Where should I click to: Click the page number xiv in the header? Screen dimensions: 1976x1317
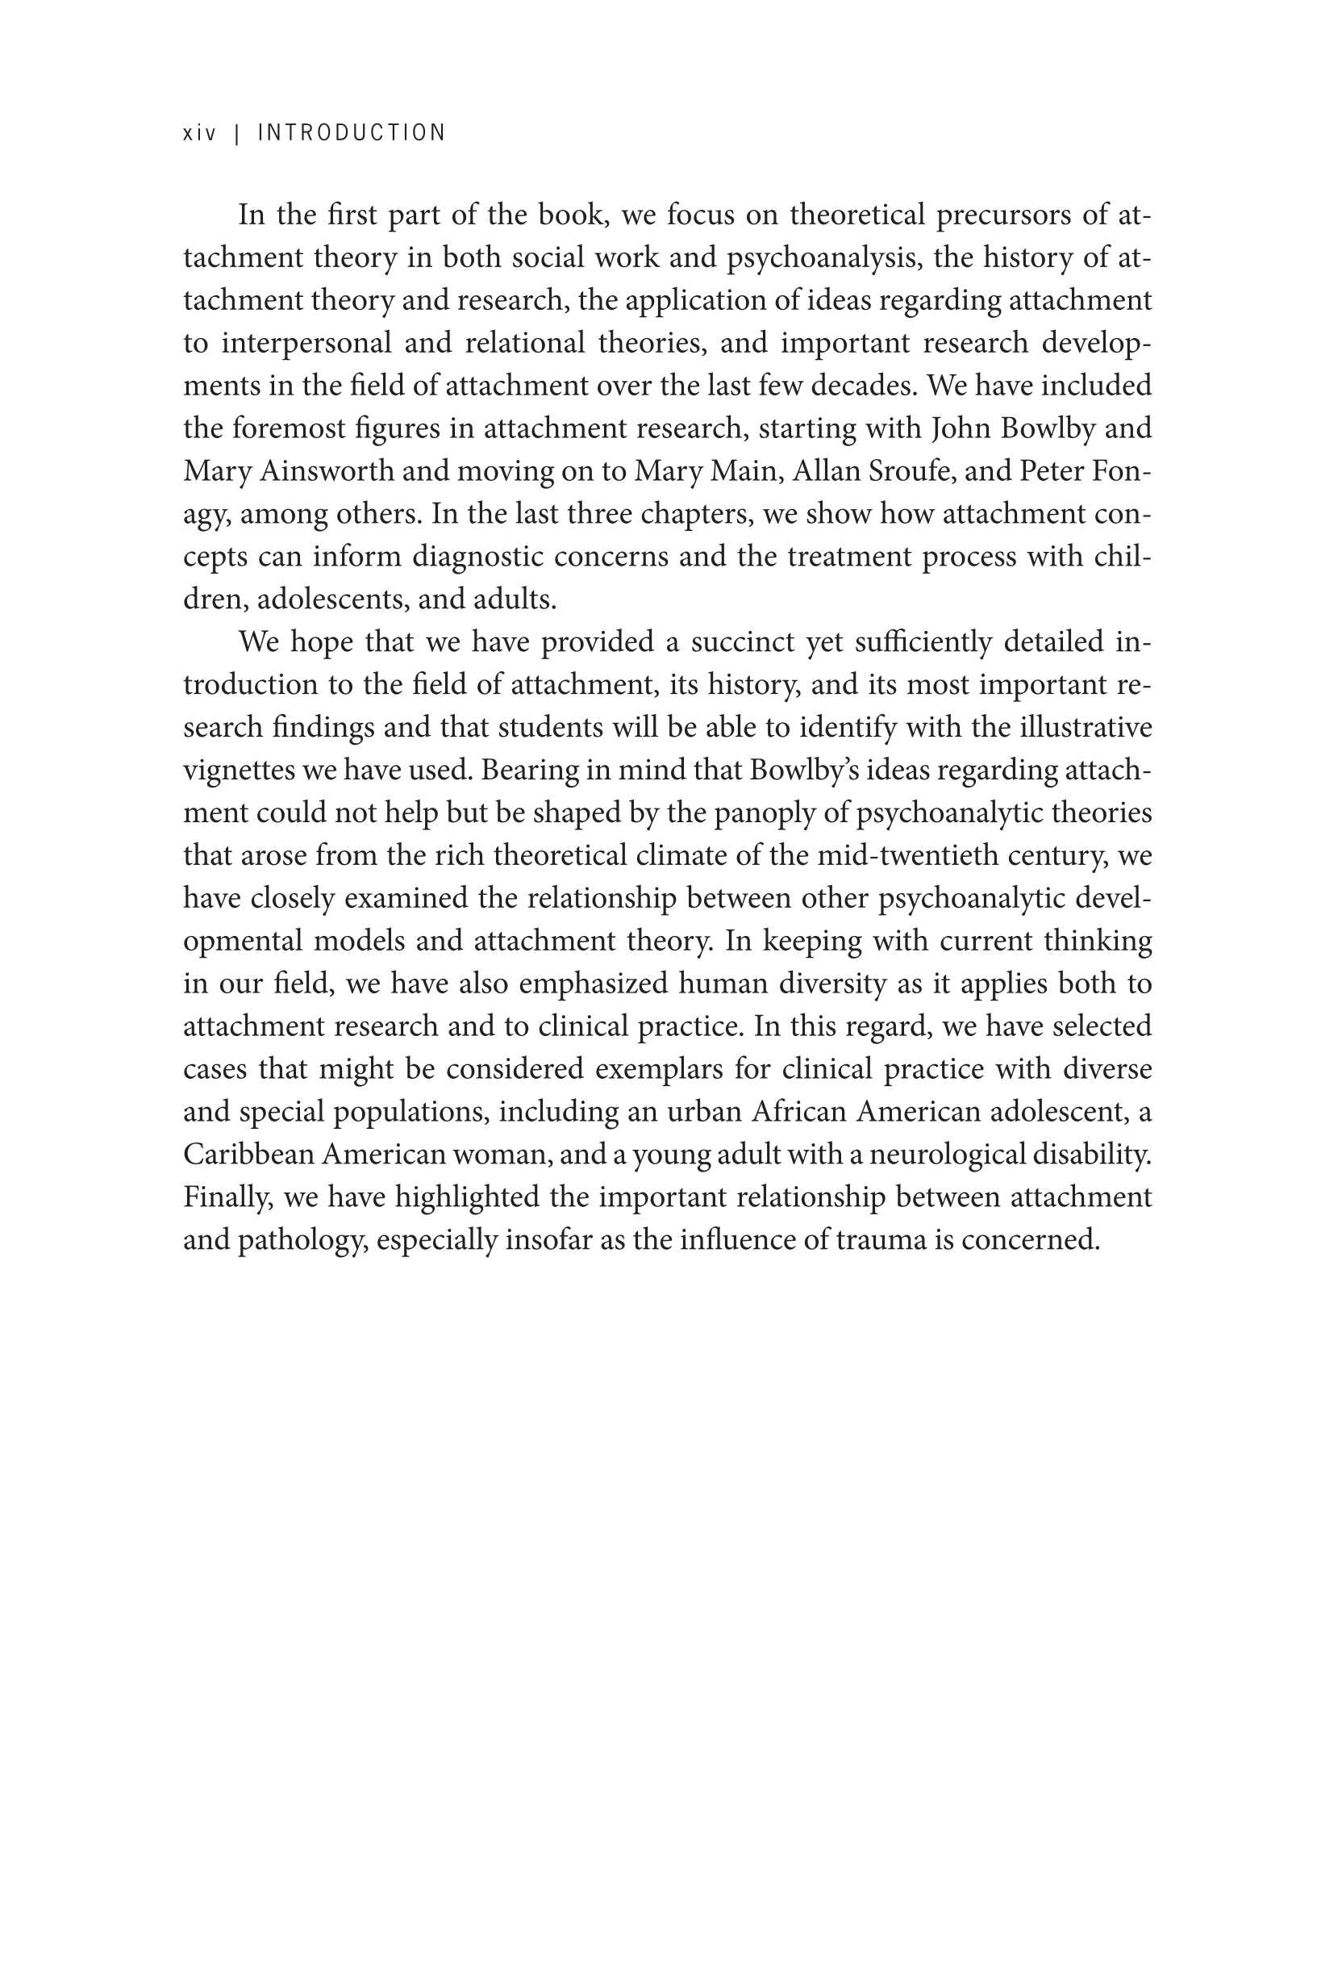point(199,133)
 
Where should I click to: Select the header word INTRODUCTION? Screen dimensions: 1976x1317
point(351,133)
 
